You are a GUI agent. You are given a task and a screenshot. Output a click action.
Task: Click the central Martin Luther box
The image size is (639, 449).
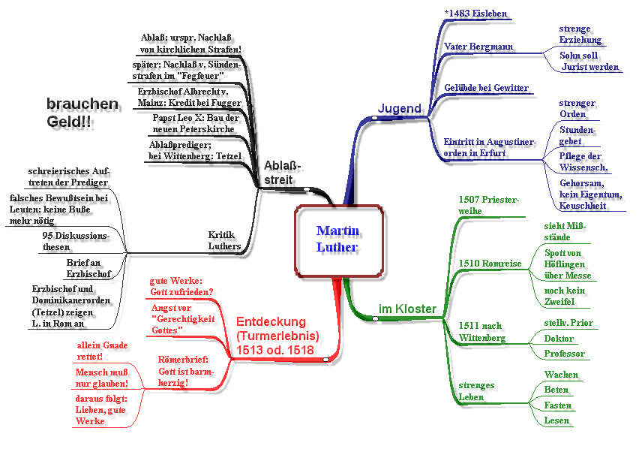coord(337,239)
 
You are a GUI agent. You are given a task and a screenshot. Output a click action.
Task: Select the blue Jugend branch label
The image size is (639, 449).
coord(399,108)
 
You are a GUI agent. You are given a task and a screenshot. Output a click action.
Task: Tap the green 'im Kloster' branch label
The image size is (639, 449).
coord(407,309)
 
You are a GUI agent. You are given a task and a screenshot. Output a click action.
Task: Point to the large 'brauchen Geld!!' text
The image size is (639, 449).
coord(82,113)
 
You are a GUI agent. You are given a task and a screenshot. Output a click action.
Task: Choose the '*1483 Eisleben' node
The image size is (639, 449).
coord(475,14)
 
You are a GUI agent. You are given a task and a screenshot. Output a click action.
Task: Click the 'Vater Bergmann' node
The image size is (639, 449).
coord(478,47)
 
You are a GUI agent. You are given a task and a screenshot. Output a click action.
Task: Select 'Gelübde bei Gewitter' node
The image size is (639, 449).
coord(486,88)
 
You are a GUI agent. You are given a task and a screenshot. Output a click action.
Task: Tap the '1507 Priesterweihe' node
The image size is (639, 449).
coord(488,205)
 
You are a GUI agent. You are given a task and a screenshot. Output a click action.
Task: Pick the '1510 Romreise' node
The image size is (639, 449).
coord(490,264)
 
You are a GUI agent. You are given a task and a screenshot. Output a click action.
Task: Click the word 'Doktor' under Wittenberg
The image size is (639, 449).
coord(559,339)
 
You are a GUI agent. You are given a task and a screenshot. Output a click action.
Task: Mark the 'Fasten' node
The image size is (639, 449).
coord(558,405)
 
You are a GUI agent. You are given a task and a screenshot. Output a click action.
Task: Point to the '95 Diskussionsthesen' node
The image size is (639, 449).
coord(76,242)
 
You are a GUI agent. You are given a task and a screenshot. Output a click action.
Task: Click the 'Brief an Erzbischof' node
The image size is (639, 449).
coord(88,268)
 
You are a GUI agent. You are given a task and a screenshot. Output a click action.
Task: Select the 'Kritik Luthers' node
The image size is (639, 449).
coord(224,240)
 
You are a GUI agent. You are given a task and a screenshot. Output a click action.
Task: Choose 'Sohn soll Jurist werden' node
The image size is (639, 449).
coord(589,61)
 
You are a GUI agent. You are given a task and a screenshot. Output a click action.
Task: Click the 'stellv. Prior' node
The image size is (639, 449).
coord(568,323)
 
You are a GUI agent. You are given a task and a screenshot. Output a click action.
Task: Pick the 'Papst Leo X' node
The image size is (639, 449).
coord(195,123)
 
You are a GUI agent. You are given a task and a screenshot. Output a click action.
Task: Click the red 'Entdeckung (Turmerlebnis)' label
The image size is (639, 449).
coord(277,336)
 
